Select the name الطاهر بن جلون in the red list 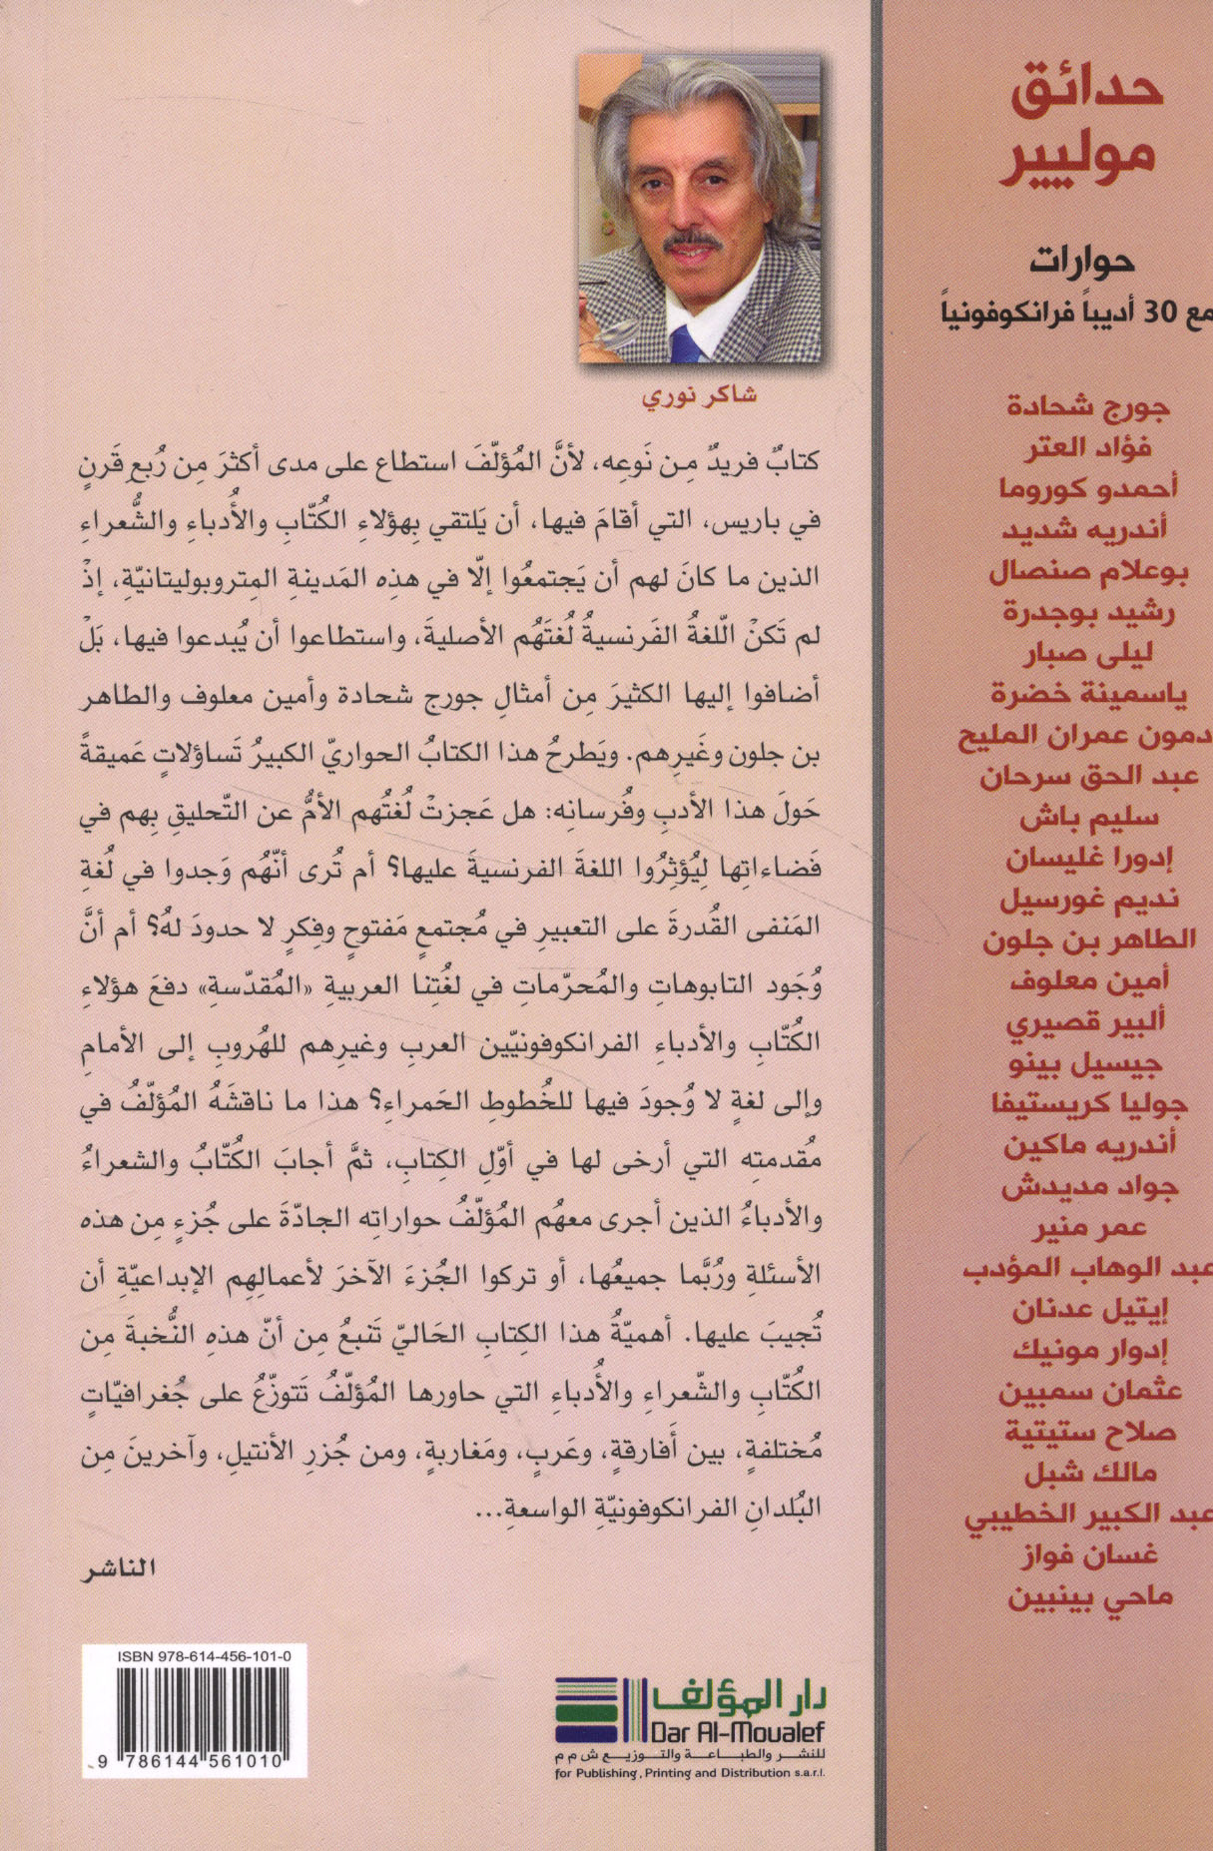click(x=1082, y=939)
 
